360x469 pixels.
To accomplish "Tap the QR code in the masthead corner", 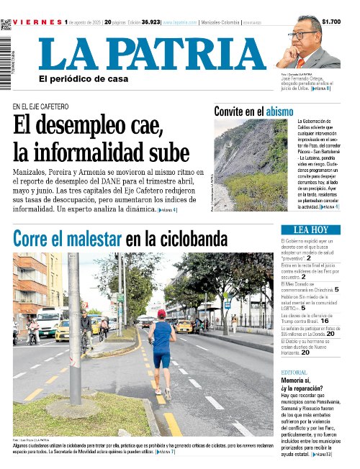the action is pyautogui.click(x=6, y=24).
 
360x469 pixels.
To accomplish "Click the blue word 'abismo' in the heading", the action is pyautogui.click(x=279, y=111).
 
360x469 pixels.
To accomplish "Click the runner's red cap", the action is pyautogui.click(x=161, y=314).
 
